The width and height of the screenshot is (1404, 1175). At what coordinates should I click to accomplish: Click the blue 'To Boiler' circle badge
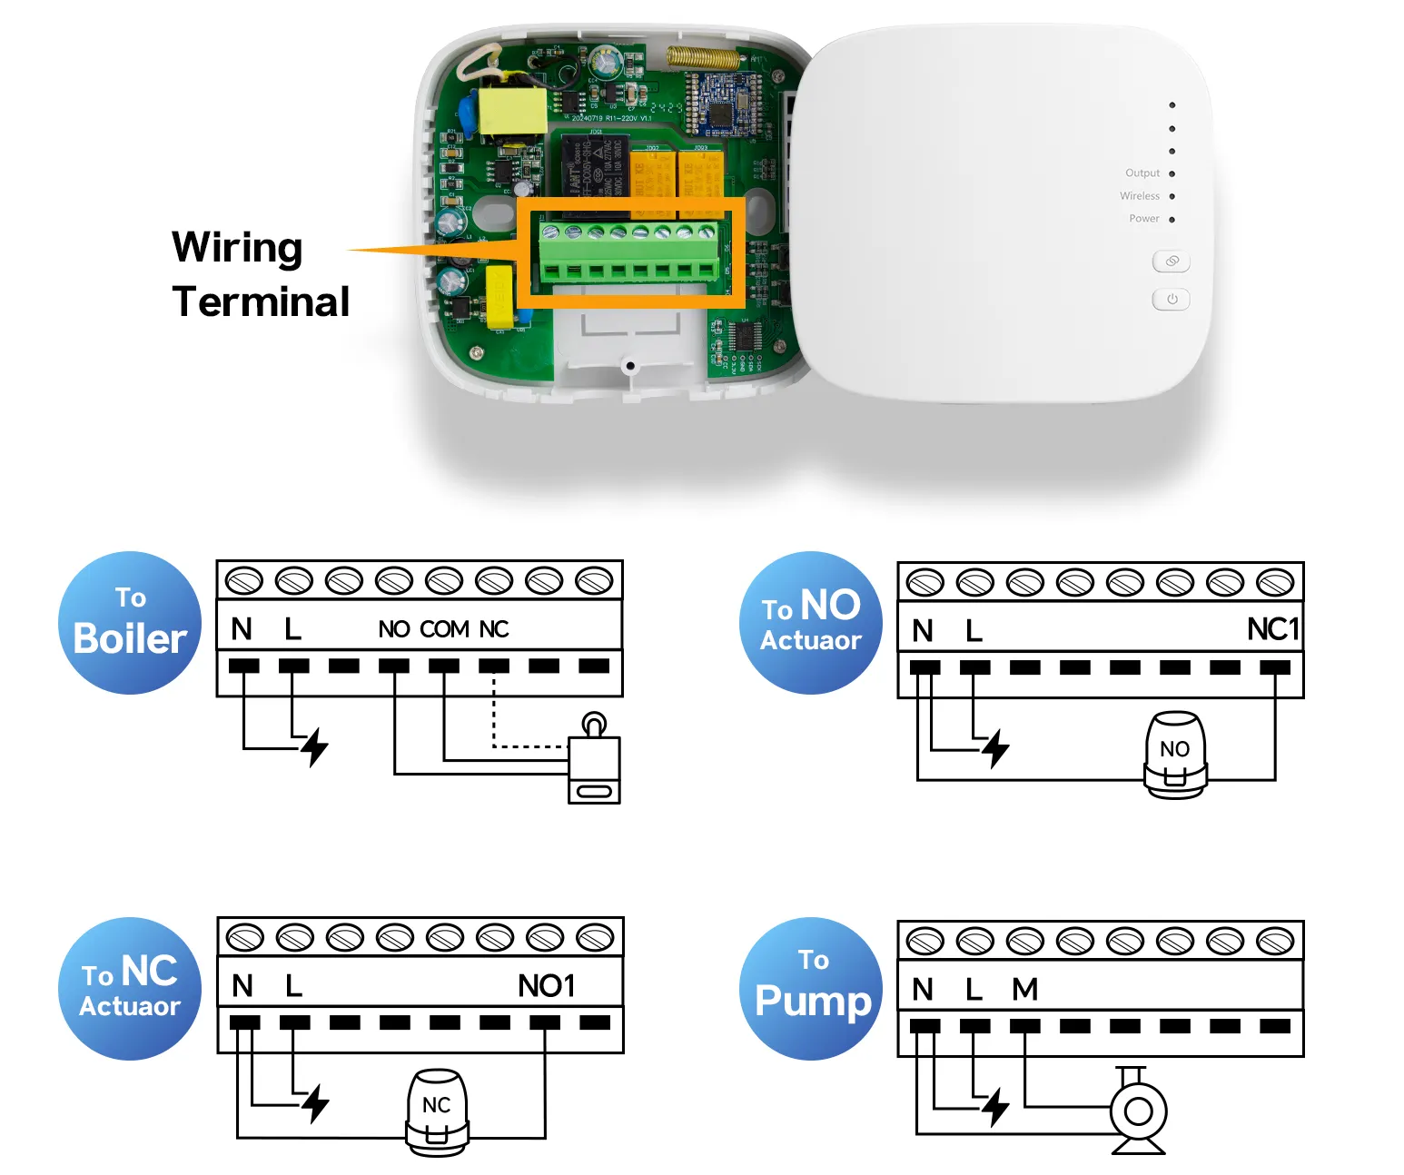click(130, 623)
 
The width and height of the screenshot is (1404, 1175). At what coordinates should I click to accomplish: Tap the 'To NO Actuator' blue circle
click(811, 623)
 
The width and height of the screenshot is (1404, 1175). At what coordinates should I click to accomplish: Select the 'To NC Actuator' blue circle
click(130, 989)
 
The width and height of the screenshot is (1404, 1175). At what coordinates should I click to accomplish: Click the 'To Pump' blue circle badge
click(811, 989)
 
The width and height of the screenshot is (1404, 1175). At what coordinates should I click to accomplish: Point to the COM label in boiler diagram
click(444, 629)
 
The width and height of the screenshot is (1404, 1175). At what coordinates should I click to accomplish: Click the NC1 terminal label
click(1272, 629)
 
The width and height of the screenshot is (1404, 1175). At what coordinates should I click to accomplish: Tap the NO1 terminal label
click(546, 986)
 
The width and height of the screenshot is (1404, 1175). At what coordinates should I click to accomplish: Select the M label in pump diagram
click(1024, 989)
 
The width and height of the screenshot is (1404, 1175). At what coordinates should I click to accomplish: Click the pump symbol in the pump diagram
click(1138, 1111)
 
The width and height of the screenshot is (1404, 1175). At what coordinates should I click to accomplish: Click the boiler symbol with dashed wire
click(594, 763)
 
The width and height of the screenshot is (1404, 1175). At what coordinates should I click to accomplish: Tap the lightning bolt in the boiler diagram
click(315, 747)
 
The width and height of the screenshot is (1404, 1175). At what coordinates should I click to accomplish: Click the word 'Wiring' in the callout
click(237, 248)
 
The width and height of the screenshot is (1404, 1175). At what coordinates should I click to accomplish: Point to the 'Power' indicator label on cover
click(1143, 219)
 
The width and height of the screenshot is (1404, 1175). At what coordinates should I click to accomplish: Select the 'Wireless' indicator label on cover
click(1139, 196)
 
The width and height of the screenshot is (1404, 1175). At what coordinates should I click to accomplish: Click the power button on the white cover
click(1171, 300)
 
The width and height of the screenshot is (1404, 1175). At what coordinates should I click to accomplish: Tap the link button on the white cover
click(1171, 262)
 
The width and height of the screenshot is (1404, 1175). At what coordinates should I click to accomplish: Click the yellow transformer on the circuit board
click(513, 112)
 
